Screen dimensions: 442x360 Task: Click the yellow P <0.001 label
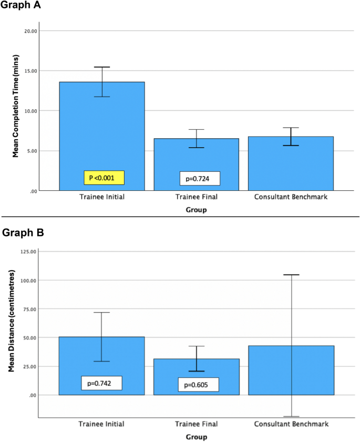104,178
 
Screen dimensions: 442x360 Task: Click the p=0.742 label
101,383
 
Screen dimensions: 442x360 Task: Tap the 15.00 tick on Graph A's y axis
30,71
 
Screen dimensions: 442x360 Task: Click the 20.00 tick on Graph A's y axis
30,31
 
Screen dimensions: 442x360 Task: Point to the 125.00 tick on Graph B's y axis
29,252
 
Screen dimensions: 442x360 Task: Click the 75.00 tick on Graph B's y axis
30,309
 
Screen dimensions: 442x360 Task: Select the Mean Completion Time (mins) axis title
16,110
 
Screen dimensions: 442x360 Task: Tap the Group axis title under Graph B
196,437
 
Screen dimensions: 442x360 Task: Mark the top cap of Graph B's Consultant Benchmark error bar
291,275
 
